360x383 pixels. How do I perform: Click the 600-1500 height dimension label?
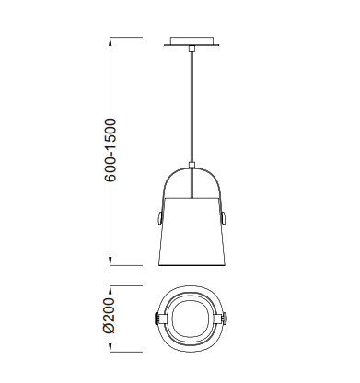[x=110, y=150]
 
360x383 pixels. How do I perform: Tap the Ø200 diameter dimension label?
[x=109, y=315]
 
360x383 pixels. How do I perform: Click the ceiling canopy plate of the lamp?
[x=192, y=41]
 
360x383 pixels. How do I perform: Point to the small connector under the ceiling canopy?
[x=192, y=48]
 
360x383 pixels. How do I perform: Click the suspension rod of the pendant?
[x=192, y=107]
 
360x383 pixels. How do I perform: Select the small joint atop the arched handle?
[x=192, y=166]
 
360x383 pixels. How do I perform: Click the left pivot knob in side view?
[x=159, y=217]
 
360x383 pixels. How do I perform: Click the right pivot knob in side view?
[x=225, y=217]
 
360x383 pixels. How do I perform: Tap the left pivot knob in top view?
[x=156, y=318]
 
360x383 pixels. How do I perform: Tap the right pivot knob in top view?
[x=226, y=318]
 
